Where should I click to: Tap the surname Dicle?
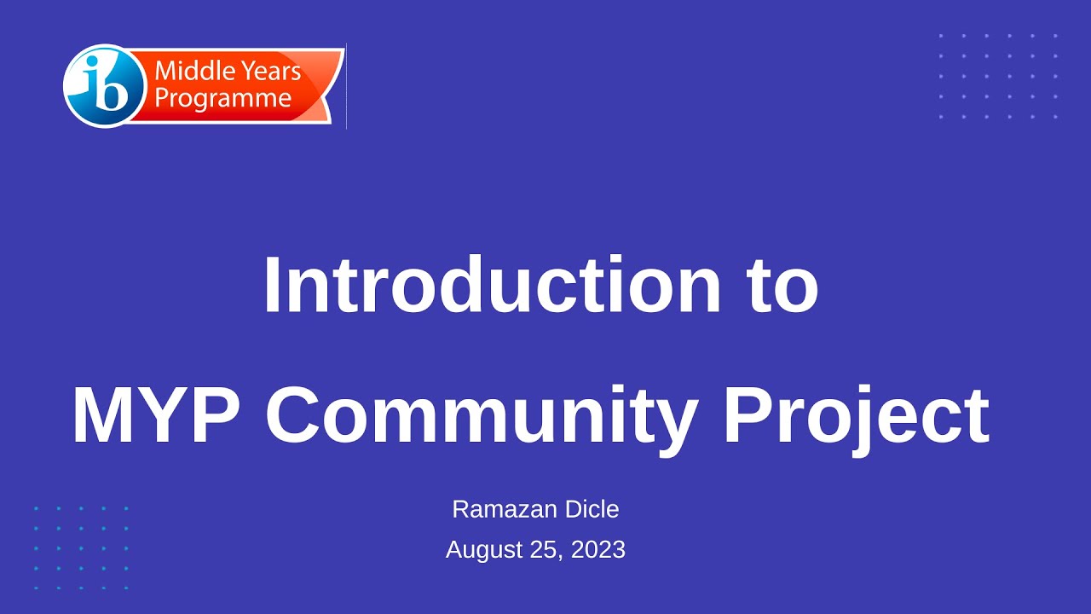588,509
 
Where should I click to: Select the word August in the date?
485,550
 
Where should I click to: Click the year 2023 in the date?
598,550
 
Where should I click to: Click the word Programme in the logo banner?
223,98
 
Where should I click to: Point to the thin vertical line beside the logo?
346,86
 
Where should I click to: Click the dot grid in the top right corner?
998,76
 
